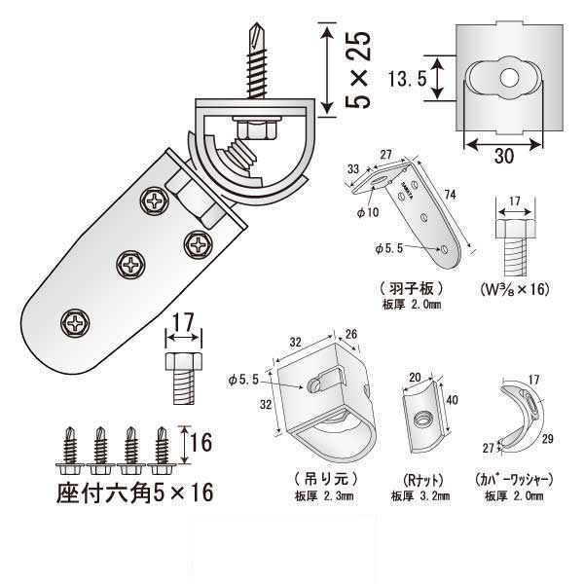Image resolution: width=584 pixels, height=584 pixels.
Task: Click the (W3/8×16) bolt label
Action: [x=516, y=289]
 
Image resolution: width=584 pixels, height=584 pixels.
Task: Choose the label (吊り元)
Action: [x=319, y=478]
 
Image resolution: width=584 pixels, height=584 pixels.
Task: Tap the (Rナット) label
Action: [x=419, y=480]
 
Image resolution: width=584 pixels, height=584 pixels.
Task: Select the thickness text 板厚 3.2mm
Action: [x=420, y=495]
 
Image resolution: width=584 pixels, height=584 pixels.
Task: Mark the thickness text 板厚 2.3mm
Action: [x=320, y=494]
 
